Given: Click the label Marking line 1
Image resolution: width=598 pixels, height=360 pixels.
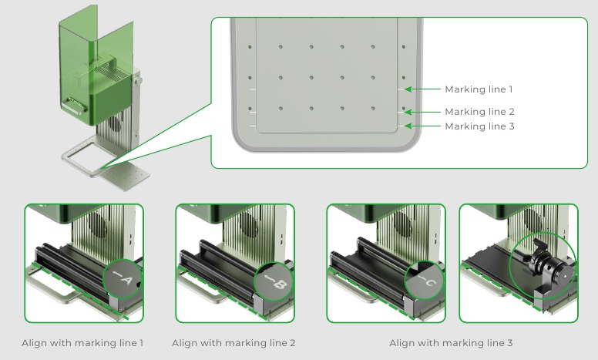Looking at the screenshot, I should click(x=479, y=89).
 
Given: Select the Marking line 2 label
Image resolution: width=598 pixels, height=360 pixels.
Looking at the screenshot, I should click(x=479, y=112).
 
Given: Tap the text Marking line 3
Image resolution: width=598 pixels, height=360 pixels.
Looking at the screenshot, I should click(x=479, y=126).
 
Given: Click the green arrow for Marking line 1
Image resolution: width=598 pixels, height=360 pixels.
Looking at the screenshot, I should click(x=424, y=89).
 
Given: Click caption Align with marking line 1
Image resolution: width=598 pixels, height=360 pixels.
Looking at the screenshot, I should click(x=82, y=343).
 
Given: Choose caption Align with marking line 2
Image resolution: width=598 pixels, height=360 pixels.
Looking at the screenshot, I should click(x=233, y=343).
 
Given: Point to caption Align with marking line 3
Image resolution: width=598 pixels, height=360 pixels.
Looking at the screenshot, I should click(x=451, y=343).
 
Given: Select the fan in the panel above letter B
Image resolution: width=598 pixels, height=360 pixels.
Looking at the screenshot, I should click(x=251, y=228).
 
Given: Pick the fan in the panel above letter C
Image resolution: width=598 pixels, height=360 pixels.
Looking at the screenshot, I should click(x=402, y=228).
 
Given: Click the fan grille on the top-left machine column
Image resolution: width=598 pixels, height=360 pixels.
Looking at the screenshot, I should click(x=116, y=123).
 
